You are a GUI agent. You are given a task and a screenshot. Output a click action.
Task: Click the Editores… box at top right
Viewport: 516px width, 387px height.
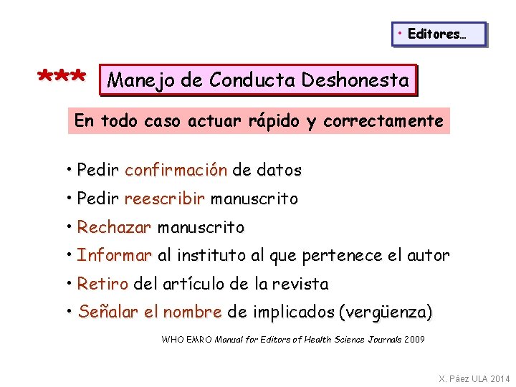click(x=439, y=34)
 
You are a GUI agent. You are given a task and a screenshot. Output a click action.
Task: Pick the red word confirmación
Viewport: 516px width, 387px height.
click(x=176, y=171)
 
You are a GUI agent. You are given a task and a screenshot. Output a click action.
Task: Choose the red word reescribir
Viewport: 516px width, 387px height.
click(x=165, y=199)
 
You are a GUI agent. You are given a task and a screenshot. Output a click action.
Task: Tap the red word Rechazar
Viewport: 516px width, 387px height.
click(x=114, y=228)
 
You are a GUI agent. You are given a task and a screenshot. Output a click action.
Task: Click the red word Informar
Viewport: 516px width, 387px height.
click(x=115, y=256)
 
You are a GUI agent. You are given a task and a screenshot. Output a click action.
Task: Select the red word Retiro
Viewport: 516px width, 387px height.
click(x=102, y=285)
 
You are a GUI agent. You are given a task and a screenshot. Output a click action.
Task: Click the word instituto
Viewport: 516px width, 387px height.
click(x=210, y=256)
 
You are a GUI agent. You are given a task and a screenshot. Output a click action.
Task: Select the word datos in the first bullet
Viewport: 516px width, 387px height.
click(x=279, y=171)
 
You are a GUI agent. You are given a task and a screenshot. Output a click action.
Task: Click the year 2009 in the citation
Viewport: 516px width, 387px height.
click(x=414, y=339)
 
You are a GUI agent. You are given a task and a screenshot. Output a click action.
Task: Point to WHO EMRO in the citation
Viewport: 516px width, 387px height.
click(x=186, y=339)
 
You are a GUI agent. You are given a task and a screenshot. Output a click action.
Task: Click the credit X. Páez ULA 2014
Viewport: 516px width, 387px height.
click(x=474, y=378)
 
